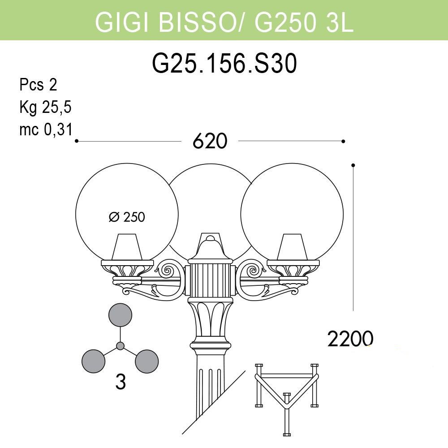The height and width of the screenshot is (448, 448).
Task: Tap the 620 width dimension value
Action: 210,142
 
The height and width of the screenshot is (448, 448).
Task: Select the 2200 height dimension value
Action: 350,339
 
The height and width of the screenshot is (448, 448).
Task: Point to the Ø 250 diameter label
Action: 127,217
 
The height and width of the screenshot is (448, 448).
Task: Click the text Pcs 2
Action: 38,85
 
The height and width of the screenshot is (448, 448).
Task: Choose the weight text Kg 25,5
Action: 45,108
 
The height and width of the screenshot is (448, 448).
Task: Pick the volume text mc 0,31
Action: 45,130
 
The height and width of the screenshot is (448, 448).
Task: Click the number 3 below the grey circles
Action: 120,382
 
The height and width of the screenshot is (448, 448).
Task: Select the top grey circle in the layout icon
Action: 120,314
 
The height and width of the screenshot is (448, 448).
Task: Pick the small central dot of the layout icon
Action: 120,346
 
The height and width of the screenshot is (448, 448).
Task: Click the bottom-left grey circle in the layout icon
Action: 93,361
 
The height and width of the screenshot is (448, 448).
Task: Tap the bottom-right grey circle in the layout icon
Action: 147,361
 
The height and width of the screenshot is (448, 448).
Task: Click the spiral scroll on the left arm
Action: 170,271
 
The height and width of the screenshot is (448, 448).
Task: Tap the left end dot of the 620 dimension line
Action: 77,141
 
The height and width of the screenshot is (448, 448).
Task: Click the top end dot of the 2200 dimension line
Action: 353,165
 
